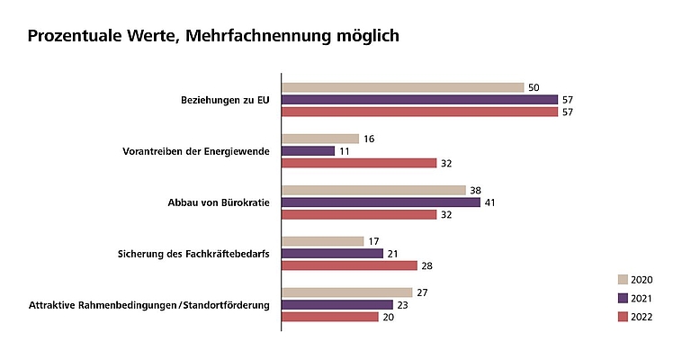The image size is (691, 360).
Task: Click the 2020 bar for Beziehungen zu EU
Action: [402, 87]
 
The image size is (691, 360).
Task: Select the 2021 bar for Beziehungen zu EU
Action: [419, 100]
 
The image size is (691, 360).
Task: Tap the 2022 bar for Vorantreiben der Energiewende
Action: [359, 163]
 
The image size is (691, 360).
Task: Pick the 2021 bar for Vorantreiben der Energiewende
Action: [309, 150]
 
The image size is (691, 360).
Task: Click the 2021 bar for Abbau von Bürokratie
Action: [381, 202]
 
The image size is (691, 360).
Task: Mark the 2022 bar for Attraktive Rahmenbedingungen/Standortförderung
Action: [330, 317]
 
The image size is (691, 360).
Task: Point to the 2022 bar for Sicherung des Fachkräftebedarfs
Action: [350, 265]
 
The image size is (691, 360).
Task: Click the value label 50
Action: [534, 87]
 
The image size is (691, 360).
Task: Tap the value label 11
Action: [345, 151]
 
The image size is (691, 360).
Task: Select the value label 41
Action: [490, 202]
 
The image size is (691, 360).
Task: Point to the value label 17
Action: [373, 241]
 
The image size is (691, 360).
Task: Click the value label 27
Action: [422, 292]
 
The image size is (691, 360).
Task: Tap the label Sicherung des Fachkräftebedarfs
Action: [195, 254]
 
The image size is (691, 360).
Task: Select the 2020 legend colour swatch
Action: [623, 280]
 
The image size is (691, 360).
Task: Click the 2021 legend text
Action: [642, 299]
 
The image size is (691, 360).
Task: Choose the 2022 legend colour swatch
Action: [623, 317]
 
